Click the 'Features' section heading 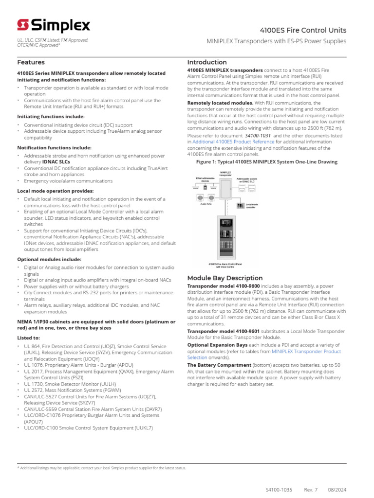[31, 62]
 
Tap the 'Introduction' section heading [207, 62]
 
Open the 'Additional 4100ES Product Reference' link [233, 142]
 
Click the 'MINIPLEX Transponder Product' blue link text [306, 351]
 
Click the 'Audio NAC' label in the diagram [206, 204]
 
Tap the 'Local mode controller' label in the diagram [252, 206]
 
